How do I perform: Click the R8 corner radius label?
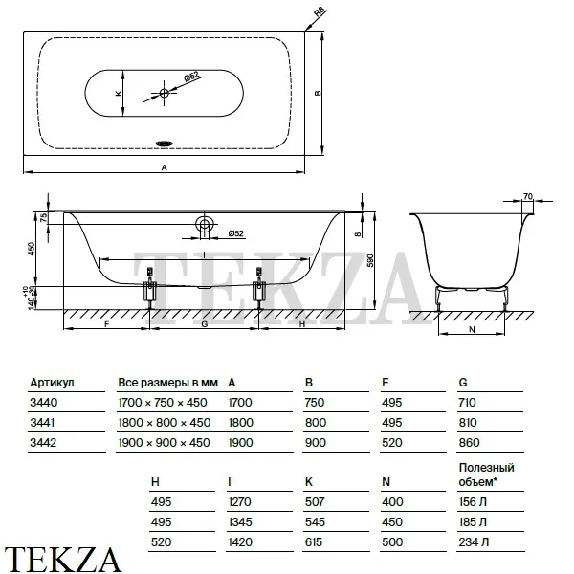tap(320, 12)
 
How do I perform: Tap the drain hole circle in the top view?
tap(164, 93)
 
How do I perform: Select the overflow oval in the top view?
tap(165, 143)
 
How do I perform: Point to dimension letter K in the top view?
tap(119, 94)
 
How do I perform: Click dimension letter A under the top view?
tap(165, 167)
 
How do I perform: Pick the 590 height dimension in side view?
tap(370, 260)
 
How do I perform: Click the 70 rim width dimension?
tap(527, 196)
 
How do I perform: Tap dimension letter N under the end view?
tap(472, 329)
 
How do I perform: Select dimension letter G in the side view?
tap(205, 324)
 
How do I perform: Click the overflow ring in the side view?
tap(205, 223)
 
